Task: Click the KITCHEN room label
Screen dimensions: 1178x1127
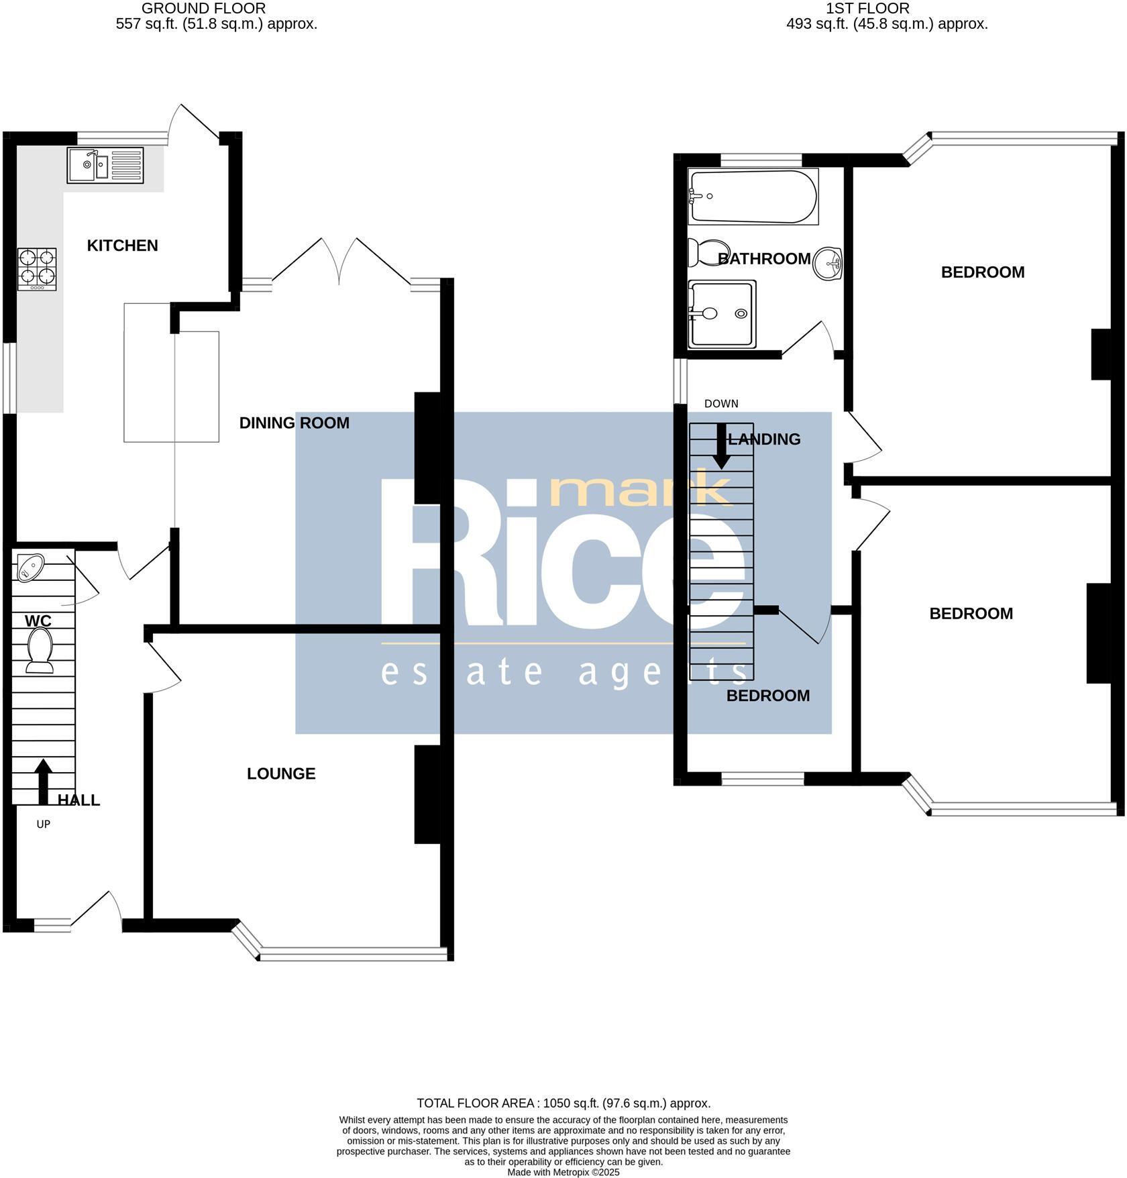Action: coord(122,246)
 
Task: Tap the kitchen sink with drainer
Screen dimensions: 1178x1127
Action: coord(105,165)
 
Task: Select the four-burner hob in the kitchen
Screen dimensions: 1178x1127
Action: coord(37,268)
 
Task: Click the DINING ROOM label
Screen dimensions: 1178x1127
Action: coord(294,423)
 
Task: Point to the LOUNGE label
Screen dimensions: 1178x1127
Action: coord(280,773)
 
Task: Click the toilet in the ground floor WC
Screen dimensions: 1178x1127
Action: coord(40,649)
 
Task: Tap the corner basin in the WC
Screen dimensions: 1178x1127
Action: coord(29,567)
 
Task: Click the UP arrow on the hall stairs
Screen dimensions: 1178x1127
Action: coord(44,781)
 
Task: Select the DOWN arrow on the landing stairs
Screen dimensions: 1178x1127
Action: coord(722,446)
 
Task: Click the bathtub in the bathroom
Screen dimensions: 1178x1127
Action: coord(753,197)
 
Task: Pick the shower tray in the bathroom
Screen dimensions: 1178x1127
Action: coord(722,313)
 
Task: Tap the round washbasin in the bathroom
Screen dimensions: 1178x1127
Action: coord(826,263)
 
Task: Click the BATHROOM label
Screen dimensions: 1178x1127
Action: coord(764,259)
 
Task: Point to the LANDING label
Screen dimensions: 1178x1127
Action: coord(764,439)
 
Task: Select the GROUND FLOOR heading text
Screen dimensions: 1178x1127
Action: coord(203,9)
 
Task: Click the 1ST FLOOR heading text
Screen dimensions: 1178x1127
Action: coord(867,9)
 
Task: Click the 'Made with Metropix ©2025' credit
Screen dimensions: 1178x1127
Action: coord(563,1172)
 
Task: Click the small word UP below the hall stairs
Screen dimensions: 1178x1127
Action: coord(44,824)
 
